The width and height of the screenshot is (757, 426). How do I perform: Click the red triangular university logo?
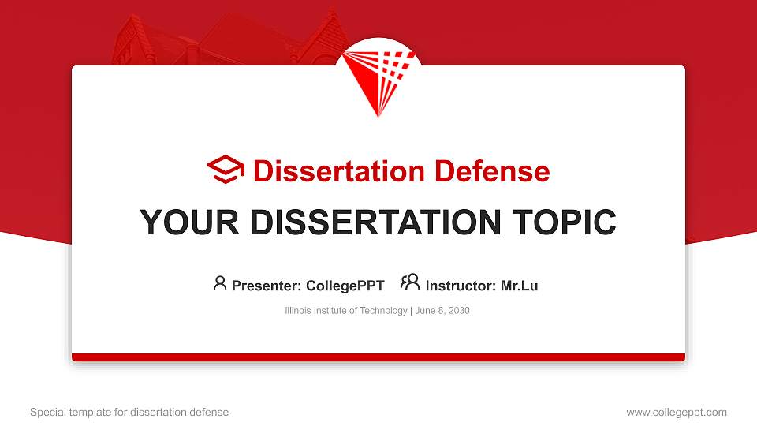click(x=378, y=79)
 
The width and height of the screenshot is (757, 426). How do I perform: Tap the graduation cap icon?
click(x=226, y=170)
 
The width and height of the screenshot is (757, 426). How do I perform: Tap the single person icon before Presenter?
click(x=220, y=283)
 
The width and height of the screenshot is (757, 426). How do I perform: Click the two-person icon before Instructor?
click(x=410, y=283)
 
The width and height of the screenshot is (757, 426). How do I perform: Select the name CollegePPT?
click(x=345, y=286)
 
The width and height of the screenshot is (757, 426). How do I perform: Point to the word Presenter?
click(x=264, y=286)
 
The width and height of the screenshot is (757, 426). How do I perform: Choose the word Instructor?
click(x=460, y=286)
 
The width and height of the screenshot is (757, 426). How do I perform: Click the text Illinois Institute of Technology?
click(x=345, y=311)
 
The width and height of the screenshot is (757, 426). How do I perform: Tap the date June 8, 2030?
click(x=442, y=311)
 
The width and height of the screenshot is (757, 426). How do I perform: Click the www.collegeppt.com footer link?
click(x=677, y=412)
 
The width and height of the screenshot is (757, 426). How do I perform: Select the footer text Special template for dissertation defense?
click(x=129, y=412)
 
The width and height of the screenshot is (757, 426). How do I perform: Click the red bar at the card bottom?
click(x=378, y=357)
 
